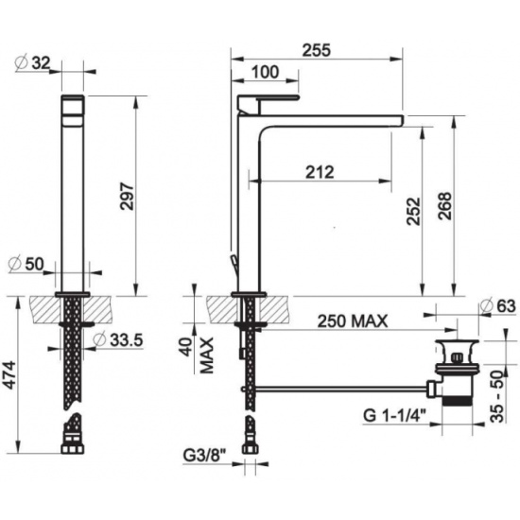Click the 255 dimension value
(x=317, y=50)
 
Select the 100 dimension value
(x=265, y=72)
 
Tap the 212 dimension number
(x=320, y=172)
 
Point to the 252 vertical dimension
(x=413, y=212)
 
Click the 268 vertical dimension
(x=444, y=205)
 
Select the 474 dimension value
(x=9, y=374)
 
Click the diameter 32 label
(x=33, y=62)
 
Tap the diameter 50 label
(x=26, y=265)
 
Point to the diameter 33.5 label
(x=118, y=339)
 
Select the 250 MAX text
(x=353, y=321)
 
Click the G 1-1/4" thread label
(x=394, y=415)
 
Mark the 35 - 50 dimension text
(x=497, y=397)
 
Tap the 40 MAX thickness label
(x=198, y=355)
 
